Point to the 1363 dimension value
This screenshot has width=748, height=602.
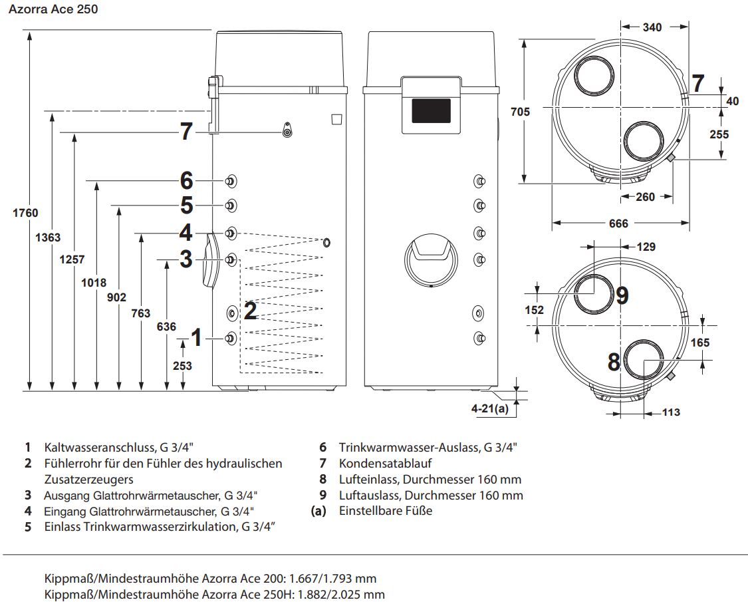point(49,237)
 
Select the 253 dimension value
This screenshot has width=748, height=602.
point(182,366)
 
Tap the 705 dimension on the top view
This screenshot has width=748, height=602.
point(521,112)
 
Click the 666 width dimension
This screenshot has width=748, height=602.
point(618,224)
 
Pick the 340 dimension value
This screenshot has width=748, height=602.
point(653,27)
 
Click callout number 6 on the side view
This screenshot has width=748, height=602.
point(186,180)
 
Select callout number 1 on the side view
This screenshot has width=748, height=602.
point(196,338)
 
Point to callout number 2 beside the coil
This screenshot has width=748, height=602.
point(251,311)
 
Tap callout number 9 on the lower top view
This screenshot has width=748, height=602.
point(622,295)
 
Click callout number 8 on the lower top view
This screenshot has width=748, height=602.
point(614,362)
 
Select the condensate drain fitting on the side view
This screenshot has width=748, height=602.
point(287,131)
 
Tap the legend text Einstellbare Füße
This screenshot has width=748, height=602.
point(385,511)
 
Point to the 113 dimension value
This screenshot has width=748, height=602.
point(672,412)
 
